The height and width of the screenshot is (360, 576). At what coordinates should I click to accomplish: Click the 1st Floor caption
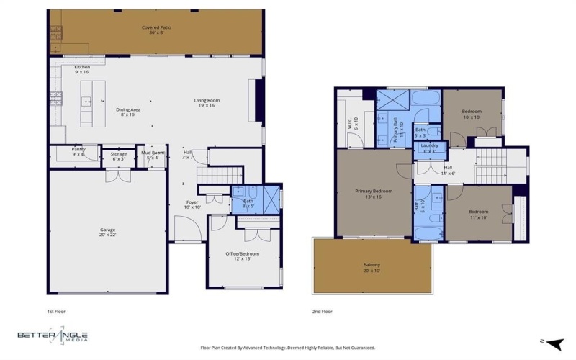57,311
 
